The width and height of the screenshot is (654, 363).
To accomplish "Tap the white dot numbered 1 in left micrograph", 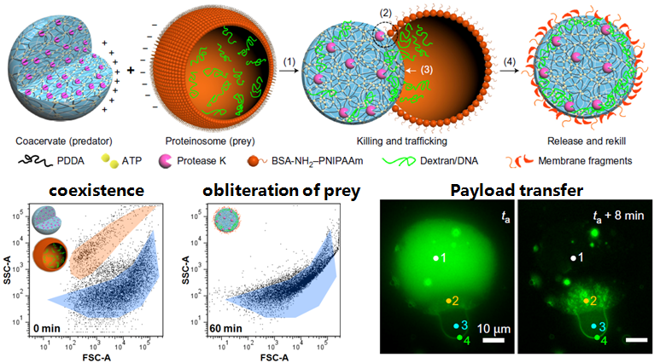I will tap(434, 257).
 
